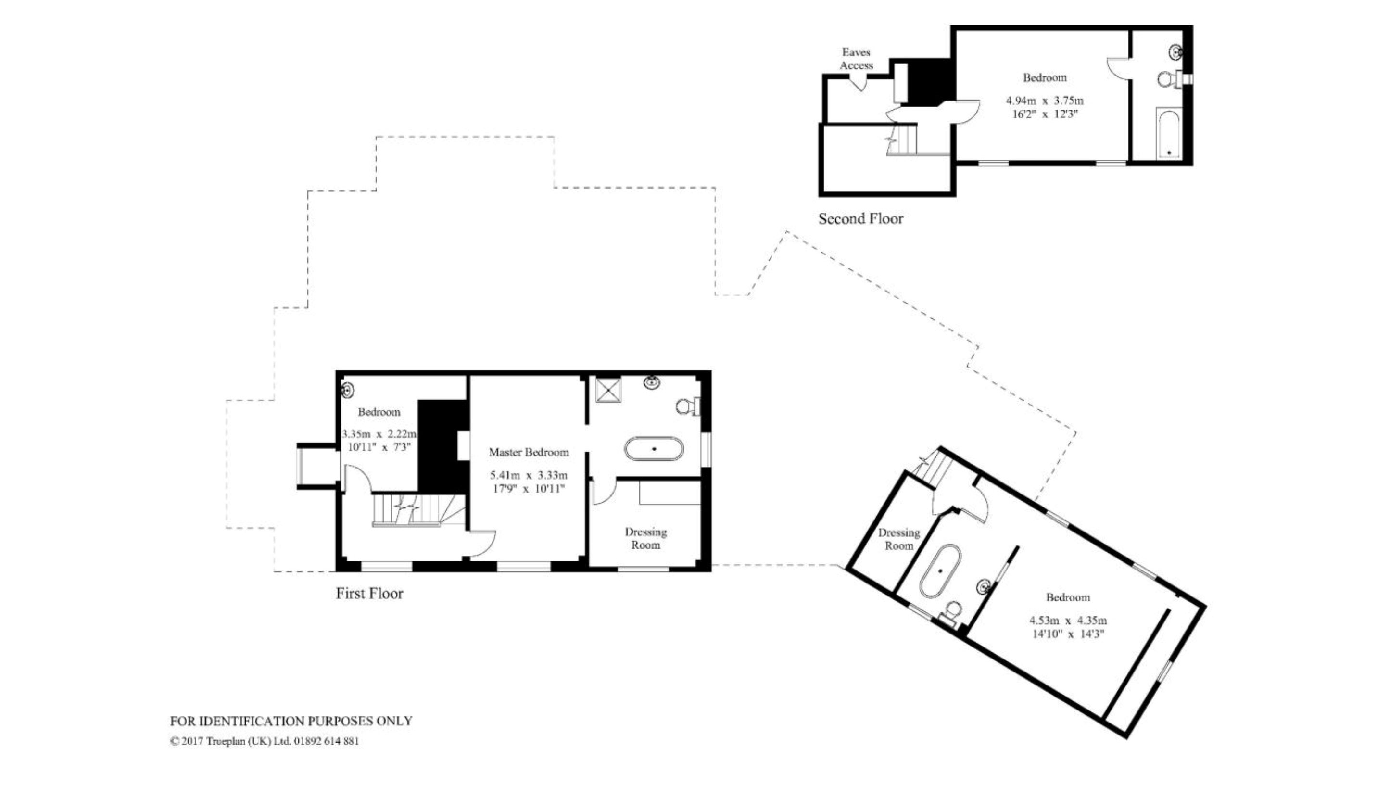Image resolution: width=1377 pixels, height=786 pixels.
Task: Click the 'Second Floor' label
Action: point(860,219)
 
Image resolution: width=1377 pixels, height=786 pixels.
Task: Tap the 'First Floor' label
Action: point(369,594)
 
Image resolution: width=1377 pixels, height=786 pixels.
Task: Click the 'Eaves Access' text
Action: point(856,59)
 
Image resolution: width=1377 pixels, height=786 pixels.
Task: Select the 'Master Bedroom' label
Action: point(529,452)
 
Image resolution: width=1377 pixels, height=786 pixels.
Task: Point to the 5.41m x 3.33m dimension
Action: point(529,476)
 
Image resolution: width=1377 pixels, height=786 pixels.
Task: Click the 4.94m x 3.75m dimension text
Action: point(1045,101)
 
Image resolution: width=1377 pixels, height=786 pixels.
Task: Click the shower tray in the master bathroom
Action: point(608,390)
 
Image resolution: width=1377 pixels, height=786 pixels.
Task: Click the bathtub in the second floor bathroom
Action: point(1169,133)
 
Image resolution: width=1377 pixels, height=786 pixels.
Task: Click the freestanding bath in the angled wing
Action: point(940,570)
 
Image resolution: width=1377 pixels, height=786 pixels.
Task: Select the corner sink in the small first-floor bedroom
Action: point(348,390)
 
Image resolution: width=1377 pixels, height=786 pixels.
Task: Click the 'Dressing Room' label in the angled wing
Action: point(899,539)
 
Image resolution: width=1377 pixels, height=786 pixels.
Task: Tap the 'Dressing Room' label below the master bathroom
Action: point(645,538)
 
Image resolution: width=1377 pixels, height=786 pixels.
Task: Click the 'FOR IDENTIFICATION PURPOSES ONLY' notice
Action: point(291,721)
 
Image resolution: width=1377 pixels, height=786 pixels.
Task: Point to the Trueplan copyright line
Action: point(265,741)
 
